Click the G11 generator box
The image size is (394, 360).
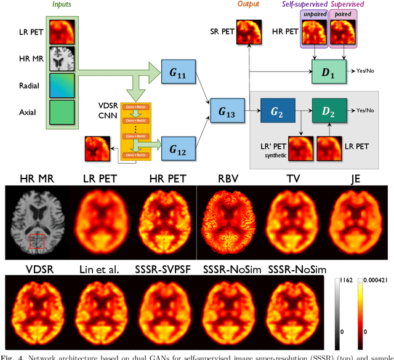177,74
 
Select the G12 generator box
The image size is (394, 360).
177,145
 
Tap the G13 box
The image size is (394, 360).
226,110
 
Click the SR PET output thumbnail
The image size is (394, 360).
248,31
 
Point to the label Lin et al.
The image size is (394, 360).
100,269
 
